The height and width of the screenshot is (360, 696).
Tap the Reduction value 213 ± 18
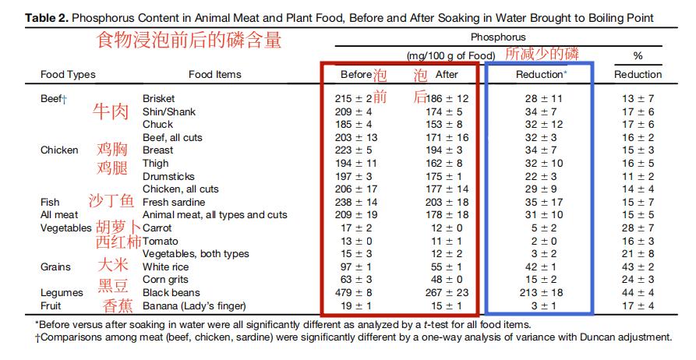click(542, 293)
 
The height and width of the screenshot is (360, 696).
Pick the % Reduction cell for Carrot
click(638, 228)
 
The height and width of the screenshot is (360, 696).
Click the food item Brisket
click(159, 99)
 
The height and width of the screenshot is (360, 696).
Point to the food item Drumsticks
click(168, 177)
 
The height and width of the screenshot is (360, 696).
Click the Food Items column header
click(215, 75)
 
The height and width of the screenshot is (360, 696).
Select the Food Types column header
click(68, 75)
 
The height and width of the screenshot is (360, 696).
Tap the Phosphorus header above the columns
click(498, 37)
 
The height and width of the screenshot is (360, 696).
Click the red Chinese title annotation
click(189, 41)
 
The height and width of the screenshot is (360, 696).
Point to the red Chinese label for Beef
click(111, 111)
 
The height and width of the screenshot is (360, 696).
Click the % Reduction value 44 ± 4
click(638, 293)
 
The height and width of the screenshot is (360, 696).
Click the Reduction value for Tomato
click(542, 242)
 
